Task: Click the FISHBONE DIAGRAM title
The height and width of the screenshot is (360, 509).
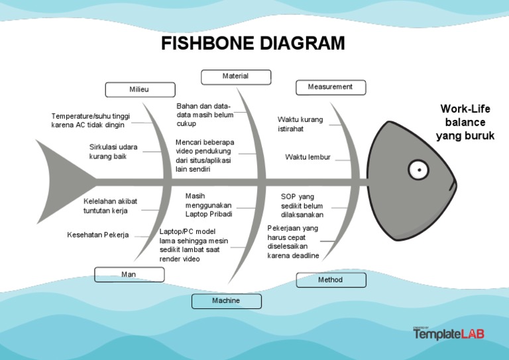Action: [253, 44]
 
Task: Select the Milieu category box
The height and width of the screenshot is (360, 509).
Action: [140, 90]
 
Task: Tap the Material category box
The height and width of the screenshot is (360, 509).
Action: [235, 77]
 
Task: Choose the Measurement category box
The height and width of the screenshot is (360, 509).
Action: [330, 87]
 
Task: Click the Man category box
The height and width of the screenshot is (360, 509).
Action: [129, 274]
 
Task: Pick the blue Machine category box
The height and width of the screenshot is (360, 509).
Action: [226, 301]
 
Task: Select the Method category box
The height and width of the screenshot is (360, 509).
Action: [330, 280]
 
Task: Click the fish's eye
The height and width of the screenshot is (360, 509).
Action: [418, 170]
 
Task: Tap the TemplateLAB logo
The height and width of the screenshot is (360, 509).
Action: [449, 333]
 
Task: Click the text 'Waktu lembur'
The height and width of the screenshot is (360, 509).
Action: [308, 157]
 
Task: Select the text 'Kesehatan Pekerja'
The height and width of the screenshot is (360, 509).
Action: [98, 235]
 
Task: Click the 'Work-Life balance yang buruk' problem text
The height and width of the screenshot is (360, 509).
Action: [465, 123]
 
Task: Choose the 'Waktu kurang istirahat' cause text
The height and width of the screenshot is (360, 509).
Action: [300, 124]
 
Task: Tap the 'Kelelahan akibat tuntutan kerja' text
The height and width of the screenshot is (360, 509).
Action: [110, 206]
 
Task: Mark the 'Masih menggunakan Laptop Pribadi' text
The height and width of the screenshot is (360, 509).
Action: [209, 206]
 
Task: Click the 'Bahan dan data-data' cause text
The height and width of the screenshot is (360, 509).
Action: [205, 115]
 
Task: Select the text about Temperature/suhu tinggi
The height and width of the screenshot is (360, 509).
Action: [90, 121]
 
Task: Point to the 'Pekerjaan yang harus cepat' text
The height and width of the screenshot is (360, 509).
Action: [293, 242]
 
